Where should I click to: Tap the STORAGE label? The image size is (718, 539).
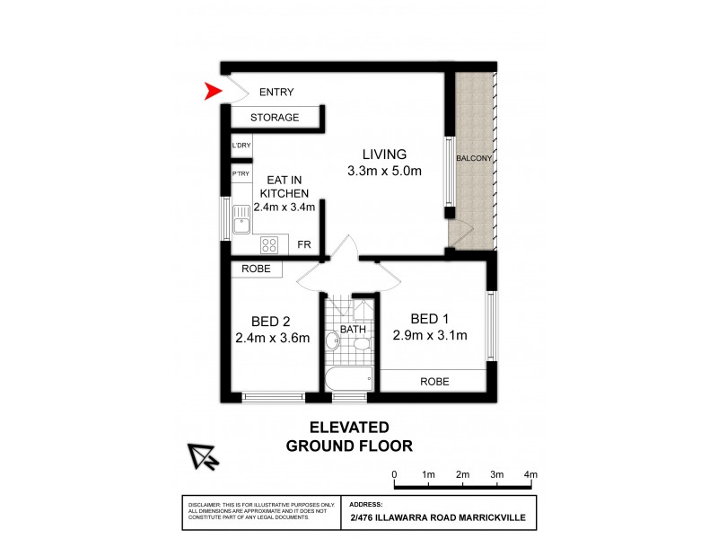tap(275, 118)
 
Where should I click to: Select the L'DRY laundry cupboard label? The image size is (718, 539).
tap(241, 146)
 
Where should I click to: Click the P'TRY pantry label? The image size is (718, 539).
tap(241, 173)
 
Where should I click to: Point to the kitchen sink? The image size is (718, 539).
tap(241, 218)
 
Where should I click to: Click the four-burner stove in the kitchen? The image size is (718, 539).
tap(268, 244)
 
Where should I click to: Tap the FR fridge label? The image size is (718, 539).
tap(304, 244)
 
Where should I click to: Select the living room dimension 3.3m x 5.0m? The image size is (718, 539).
tap(384, 171)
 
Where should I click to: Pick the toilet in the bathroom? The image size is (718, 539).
tap(331, 340)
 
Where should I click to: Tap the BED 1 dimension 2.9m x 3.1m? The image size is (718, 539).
tap(430, 336)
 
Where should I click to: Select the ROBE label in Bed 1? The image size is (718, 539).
tap(434, 382)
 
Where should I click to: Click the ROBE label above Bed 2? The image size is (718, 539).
tap(257, 269)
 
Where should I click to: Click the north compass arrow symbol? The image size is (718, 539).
tap(204, 457)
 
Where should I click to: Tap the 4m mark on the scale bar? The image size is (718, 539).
tap(530, 474)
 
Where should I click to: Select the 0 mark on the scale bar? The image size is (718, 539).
tap(394, 474)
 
